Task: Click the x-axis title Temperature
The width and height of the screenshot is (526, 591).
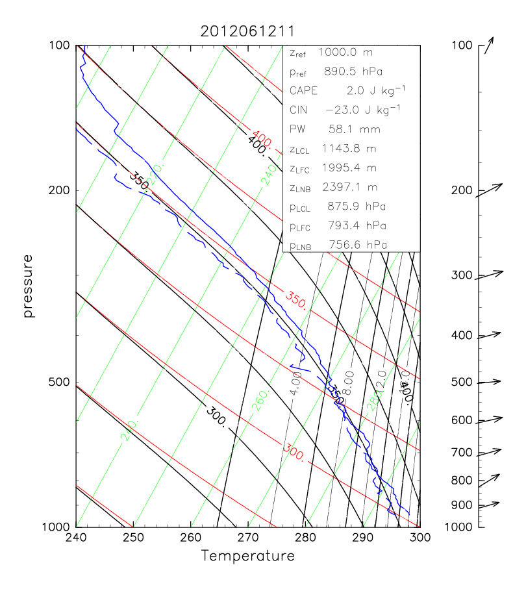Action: click(x=247, y=556)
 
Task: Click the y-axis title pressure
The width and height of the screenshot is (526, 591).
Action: click(x=28, y=286)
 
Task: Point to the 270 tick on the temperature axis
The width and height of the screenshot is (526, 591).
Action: click(x=248, y=527)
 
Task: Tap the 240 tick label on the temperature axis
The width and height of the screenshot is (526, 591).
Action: click(x=76, y=538)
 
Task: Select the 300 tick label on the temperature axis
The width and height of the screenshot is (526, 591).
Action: click(x=420, y=538)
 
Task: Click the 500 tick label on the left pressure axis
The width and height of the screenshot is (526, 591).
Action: click(x=60, y=383)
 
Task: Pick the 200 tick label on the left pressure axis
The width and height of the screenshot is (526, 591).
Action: click(x=60, y=190)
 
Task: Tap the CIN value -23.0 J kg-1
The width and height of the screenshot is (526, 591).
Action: click(x=364, y=109)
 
